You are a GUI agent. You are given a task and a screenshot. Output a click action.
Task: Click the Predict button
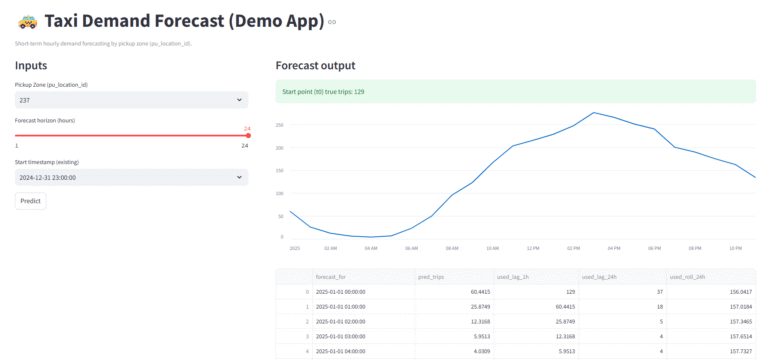pos(30,200)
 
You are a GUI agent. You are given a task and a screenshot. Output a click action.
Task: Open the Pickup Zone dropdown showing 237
pos(131,100)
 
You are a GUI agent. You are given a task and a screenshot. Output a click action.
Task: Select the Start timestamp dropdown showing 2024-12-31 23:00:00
pos(131,177)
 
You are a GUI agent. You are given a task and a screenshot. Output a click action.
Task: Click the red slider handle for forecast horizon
pos(248,136)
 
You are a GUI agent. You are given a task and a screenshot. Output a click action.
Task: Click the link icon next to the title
pos(333,22)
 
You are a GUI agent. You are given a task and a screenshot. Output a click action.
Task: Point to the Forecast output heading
pos(315,66)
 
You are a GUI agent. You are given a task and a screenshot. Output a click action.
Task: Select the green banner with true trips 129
pos(515,91)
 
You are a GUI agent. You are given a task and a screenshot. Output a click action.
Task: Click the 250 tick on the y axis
pos(281,125)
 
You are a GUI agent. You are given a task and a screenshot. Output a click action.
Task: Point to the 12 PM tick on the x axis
pos(532,247)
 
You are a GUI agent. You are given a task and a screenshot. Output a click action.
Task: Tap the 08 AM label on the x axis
pos(451,247)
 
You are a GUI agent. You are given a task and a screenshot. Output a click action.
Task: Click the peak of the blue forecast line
pos(594,112)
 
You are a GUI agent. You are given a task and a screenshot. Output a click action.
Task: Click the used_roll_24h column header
pos(689,277)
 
